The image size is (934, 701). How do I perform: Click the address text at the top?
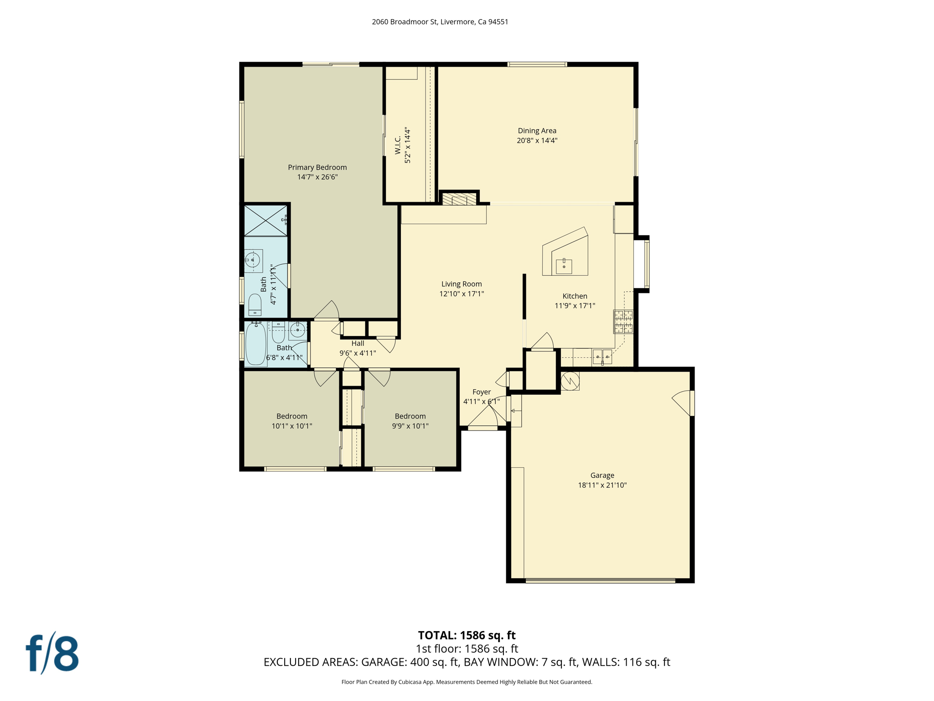pos(440,22)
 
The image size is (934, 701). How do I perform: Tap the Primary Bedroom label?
pos(317,167)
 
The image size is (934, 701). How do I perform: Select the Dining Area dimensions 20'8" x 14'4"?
pos(537,141)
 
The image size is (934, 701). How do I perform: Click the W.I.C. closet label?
pos(398,145)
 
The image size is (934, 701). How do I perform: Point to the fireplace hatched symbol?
pos(459,199)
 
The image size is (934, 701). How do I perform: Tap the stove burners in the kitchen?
pos(623,321)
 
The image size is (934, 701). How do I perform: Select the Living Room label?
pos(461,284)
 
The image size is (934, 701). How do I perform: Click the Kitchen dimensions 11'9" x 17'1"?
pos(575,306)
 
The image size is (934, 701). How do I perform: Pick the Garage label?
pos(602,475)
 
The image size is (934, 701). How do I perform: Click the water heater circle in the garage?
pos(570,381)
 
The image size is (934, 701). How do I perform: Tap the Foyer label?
pos(481,392)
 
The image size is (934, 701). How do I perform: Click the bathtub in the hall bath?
pos(256,344)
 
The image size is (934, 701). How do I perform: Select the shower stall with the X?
pos(265,221)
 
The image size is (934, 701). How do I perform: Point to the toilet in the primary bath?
pos(254,305)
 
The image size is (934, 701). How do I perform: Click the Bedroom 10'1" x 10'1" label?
pos(291,416)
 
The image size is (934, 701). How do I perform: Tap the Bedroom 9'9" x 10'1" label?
pos(410,416)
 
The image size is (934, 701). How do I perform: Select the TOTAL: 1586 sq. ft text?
pos(467,635)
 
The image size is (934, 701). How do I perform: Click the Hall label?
pos(358,343)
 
